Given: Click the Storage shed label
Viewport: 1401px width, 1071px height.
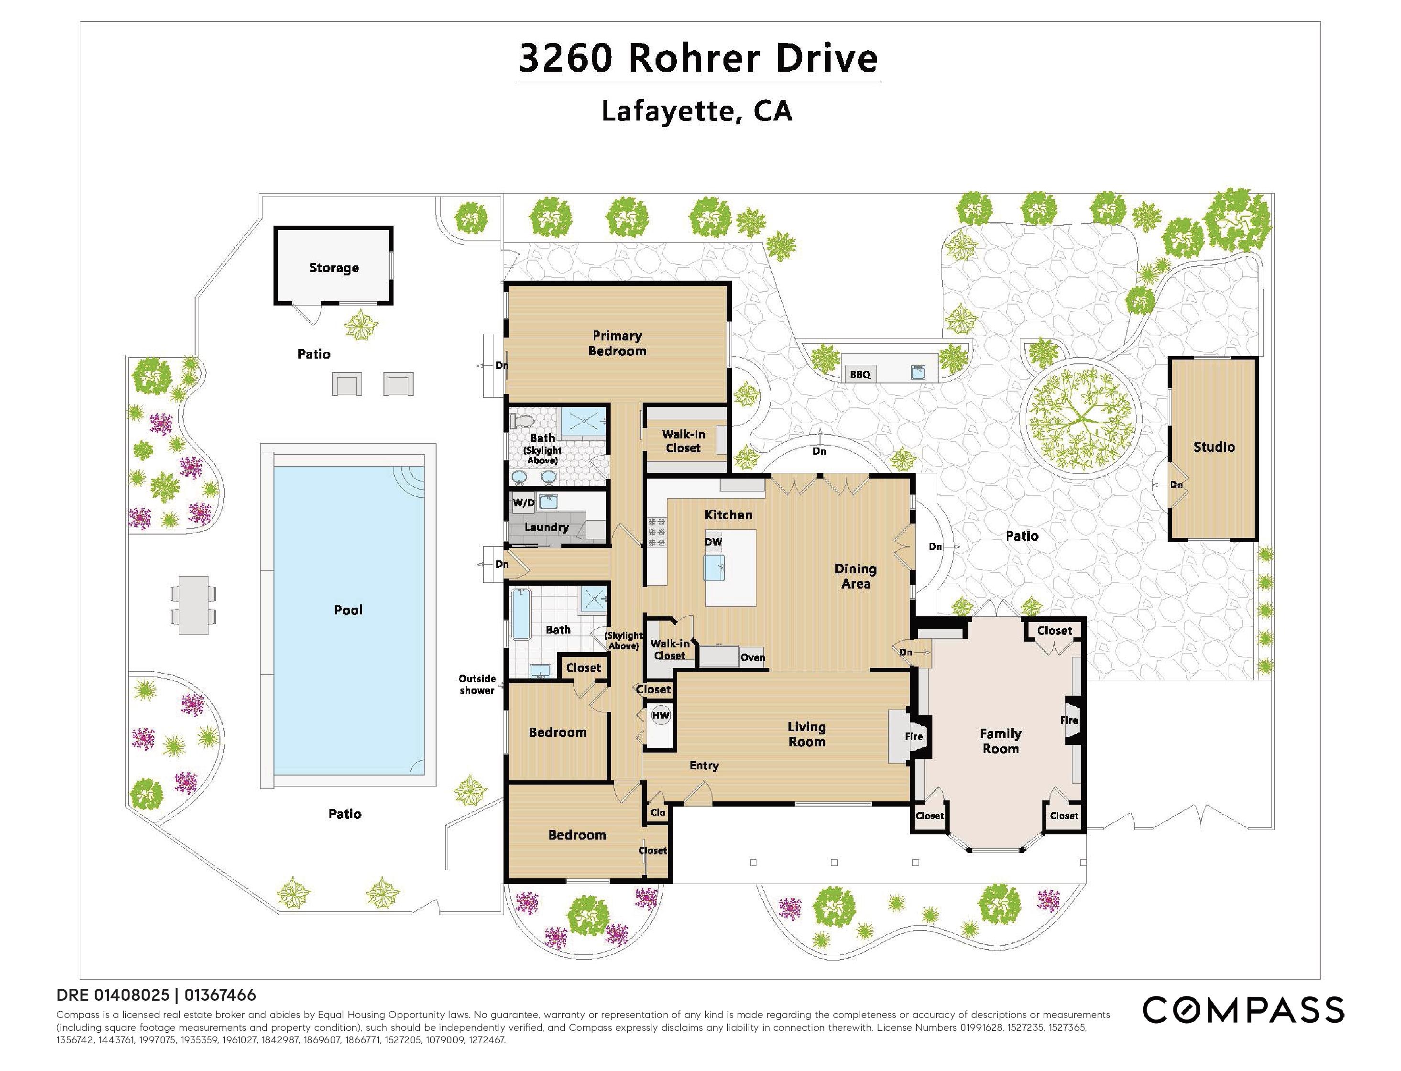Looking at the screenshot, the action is pyautogui.click(x=334, y=268).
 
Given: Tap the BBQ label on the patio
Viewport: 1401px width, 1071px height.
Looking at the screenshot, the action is pyautogui.click(x=860, y=374).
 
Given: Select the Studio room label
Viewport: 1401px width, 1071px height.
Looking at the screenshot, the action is pyautogui.click(x=1214, y=447).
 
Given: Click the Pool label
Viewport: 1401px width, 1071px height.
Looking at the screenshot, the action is pyautogui.click(x=348, y=610).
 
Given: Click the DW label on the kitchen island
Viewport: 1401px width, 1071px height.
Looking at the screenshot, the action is pyautogui.click(x=713, y=542).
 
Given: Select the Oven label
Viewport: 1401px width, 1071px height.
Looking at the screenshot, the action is pyautogui.click(x=752, y=657).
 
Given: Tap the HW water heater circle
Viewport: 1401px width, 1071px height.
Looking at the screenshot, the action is pyautogui.click(x=660, y=715).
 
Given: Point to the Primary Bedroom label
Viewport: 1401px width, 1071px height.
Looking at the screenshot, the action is pyautogui.click(x=617, y=343).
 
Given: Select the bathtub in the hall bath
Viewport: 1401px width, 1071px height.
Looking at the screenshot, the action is pyautogui.click(x=521, y=614).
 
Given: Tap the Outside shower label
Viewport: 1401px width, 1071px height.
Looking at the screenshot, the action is pyautogui.click(x=477, y=684).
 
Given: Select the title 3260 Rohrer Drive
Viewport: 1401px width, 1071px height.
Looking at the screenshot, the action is pyautogui.click(x=699, y=58).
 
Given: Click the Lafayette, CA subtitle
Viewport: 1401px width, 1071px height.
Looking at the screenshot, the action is pyautogui.click(x=697, y=111).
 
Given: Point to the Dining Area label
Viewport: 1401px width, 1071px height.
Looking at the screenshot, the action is pyautogui.click(x=855, y=576).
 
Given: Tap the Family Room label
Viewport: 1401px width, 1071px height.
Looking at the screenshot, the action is pyautogui.click(x=1000, y=741).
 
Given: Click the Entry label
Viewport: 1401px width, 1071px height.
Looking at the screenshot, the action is pyautogui.click(x=704, y=765).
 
